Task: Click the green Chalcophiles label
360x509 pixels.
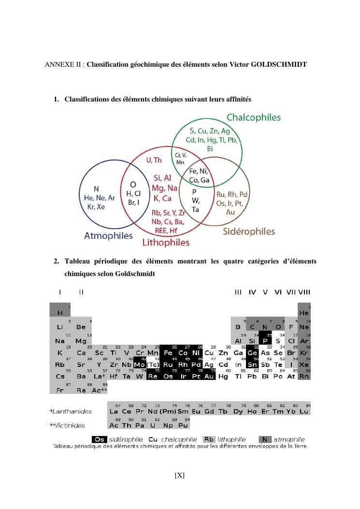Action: (x=253, y=117)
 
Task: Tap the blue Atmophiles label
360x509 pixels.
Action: (x=108, y=236)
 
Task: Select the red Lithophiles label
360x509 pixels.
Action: (x=165, y=242)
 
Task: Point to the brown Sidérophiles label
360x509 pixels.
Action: (x=249, y=232)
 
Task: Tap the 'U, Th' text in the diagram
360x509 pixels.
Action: (x=154, y=160)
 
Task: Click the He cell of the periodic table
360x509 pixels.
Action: (x=304, y=313)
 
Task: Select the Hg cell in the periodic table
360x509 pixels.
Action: (x=223, y=376)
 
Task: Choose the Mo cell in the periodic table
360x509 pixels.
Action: (x=140, y=364)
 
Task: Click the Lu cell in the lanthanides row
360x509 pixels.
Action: (x=304, y=411)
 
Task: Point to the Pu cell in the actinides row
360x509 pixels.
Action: (x=183, y=425)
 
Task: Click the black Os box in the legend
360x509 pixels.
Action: (x=100, y=439)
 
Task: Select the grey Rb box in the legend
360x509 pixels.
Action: (x=209, y=439)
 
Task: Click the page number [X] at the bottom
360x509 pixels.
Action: (x=180, y=475)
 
